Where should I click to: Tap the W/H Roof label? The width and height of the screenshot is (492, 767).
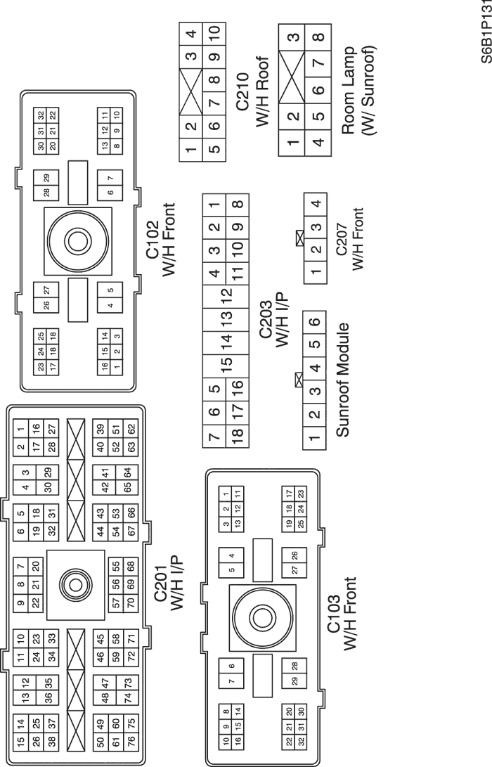(263, 91)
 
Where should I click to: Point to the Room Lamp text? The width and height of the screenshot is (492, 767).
(348, 91)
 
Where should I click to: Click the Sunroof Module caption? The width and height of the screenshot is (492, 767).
(343, 380)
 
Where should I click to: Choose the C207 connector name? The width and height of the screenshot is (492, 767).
(341, 239)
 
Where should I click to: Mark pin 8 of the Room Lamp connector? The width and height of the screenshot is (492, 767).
(318, 37)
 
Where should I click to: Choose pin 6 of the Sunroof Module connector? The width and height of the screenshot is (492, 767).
(316, 322)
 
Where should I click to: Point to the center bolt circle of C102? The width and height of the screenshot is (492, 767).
(77, 240)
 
